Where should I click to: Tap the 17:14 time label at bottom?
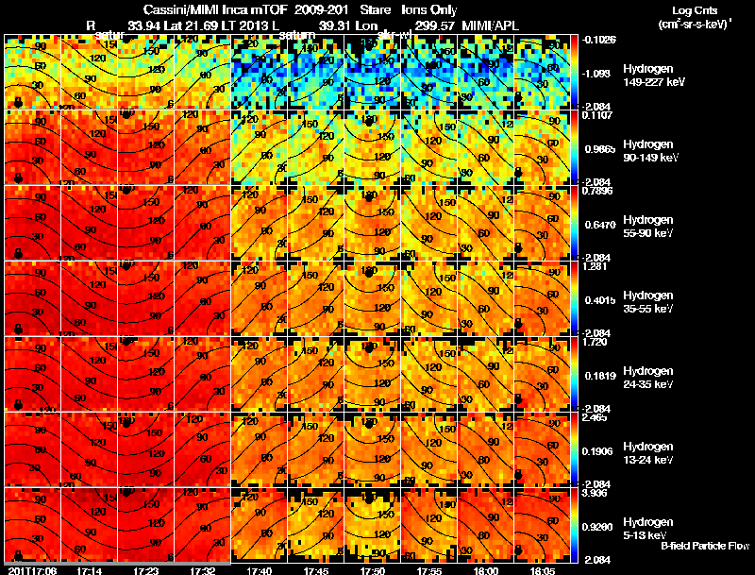click(x=91, y=570)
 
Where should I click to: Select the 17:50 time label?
click(x=373, y=570)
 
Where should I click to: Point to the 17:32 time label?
click(x=204, y=570)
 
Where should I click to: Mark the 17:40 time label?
click(x=259, y=570)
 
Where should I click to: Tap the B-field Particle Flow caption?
click(x=705, y=546)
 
